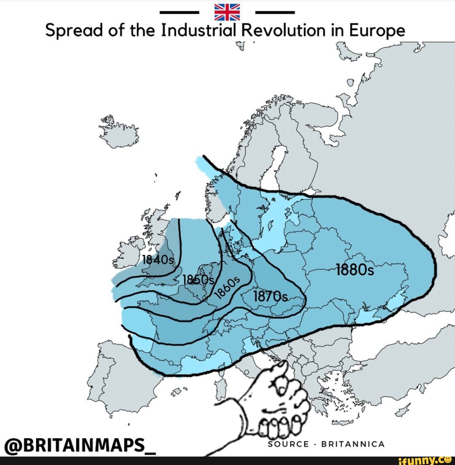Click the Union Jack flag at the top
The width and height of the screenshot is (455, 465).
(x=227, y=12)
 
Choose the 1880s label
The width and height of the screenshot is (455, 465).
(x=355, y=269)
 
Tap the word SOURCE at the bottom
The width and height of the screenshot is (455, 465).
(x=289, y=444)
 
